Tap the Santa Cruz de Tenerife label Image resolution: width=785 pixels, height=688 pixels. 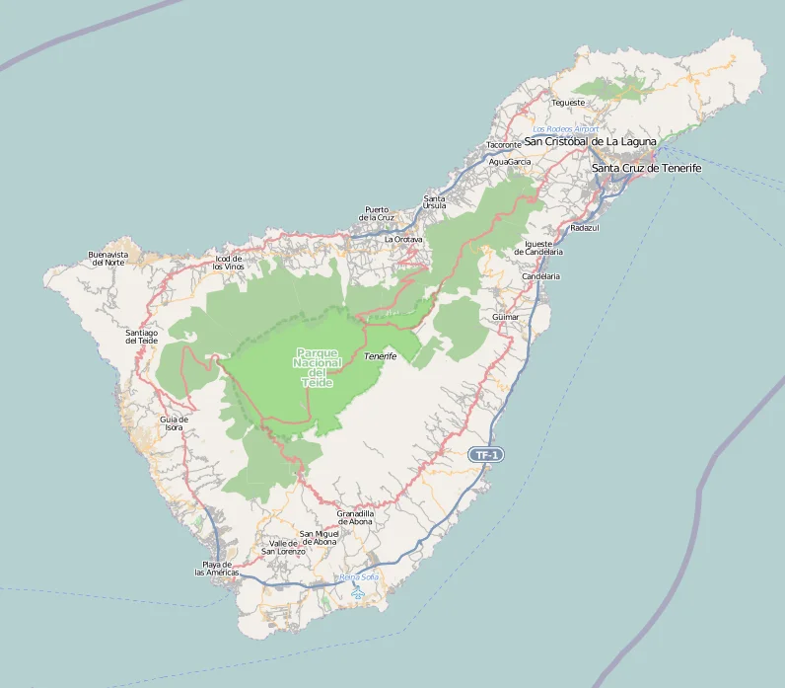pyautogui.click(x=646, y=168)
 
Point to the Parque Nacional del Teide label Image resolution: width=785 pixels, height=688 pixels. pyautogui.click(x=318, y=367)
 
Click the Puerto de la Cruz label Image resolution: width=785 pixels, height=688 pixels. pyautogui.click(x=377, y=213)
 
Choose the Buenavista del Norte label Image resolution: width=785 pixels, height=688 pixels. pyautogui.click(x=107, y=259)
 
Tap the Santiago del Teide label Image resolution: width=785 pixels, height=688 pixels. pyautogui.click(x=142, y=337)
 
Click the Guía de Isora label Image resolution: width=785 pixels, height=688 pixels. pyautogui.click(x=174, y=423)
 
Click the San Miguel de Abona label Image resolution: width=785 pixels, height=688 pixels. pyautogui.click(x=319, y=538)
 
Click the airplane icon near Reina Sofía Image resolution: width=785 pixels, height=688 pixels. pyautogui.click(x=358, y=593)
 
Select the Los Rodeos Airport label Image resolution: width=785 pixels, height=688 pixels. pyautogui.click(x=565, y=129)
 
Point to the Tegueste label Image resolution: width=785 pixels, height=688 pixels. pyautogui.click(x=568, y=103)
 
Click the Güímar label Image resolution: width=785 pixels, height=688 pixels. pyautogui.click(x=505, y=317)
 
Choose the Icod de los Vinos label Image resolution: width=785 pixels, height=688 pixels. pyautogui.click(x=229, y=263)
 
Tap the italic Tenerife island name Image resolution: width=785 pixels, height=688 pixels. pyautogui.click(x=380, y=355)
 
